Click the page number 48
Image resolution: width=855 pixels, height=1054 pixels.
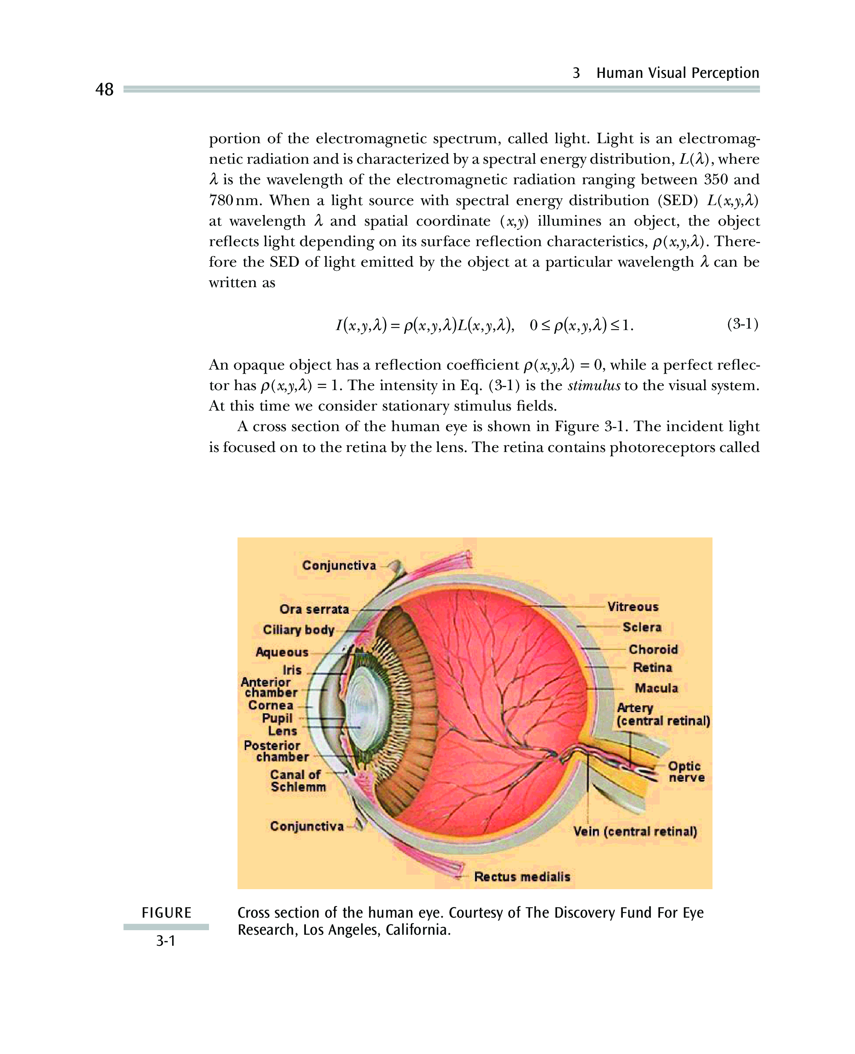coord(104,90)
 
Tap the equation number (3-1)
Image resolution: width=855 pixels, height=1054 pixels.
coord(742,324)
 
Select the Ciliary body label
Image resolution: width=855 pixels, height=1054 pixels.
coord(298,630)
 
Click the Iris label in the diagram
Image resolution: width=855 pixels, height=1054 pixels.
coord(292,670)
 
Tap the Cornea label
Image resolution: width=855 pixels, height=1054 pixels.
coord(271,705)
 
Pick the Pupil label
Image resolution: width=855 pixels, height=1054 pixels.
coord(277,718)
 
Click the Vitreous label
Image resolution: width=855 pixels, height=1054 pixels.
coord(632,607)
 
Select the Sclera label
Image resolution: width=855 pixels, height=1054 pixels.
coord(642,627)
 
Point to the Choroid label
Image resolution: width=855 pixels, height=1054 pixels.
coord(653,649)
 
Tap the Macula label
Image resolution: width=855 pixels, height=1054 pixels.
coord(656,688)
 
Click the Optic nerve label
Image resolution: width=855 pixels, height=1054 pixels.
coord(686,771)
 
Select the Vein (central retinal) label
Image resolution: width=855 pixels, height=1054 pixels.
coord(635,831)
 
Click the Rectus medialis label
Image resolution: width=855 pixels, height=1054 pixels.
coord(522,877)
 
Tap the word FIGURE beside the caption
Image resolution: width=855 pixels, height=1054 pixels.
coord(166,913)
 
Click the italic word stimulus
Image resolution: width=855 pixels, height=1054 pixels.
coord(594,386)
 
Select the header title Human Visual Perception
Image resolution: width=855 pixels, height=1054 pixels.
coord(677,73)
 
